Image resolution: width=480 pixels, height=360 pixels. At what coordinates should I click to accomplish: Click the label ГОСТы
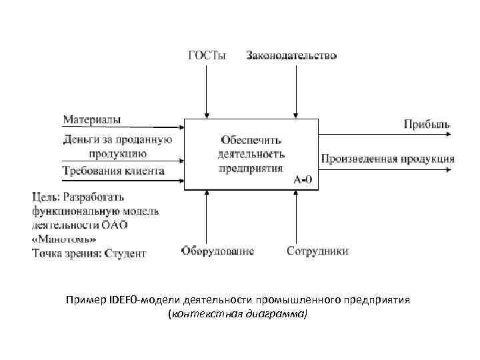tap(207, 56)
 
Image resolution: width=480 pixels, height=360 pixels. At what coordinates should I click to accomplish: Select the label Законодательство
tap(291, 56)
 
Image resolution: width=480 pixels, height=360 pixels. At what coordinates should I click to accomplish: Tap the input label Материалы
tap(92, 119)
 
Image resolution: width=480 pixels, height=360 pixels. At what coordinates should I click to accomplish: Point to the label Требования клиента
tap(113, 171)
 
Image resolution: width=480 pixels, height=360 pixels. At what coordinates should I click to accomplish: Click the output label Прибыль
tap(427, 123)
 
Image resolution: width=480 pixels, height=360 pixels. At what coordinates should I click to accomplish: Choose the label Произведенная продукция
tap(388, 159)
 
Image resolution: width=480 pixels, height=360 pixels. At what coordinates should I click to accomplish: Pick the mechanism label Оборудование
tap(217, 251)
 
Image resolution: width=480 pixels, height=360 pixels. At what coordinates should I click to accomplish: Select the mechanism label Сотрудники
tap(317, 251)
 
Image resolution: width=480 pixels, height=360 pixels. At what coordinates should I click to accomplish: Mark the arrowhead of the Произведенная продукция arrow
tap(451, 170)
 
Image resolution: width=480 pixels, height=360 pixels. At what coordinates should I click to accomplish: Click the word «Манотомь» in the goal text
tap(64, 239)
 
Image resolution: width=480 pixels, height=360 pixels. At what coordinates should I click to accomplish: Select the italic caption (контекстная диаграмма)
tap(239, 313)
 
